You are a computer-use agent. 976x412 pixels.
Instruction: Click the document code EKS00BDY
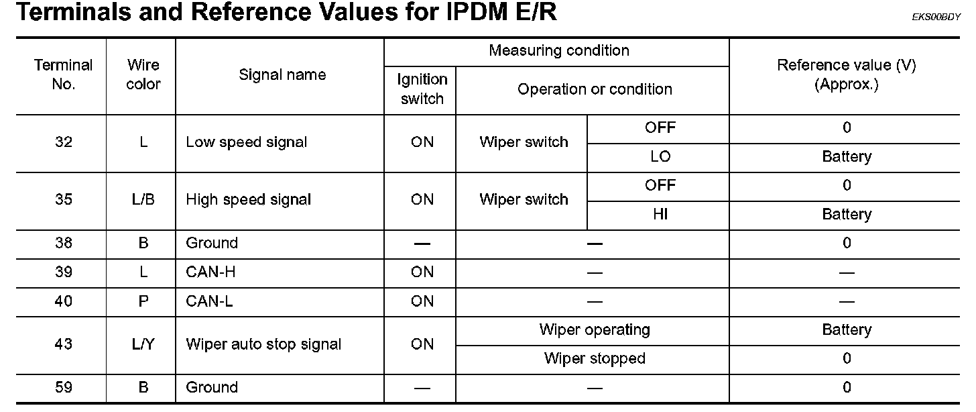(x=936, y=18)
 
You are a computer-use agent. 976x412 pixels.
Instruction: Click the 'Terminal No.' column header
(x=63, y=74)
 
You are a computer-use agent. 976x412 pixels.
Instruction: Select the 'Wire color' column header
(x=143, y=74)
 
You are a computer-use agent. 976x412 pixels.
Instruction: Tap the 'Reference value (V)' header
(x=846, y=74)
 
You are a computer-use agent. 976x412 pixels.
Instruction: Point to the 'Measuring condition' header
(x=558, y=51)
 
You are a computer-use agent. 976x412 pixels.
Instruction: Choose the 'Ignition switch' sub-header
(x=421, y=89)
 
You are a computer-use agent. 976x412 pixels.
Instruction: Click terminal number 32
(x=64, y=142)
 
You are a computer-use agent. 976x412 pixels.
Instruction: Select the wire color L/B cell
(x=143, y=200)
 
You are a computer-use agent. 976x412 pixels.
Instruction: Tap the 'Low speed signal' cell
(x=246, y=142)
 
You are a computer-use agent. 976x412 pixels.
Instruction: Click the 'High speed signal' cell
(x=248, y=200)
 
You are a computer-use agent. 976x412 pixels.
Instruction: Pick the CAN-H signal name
(x=210, y=272)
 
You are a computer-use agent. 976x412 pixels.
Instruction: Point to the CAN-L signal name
(x=209, y=301)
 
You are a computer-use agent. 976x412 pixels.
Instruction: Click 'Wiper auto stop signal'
(x=263, y=345)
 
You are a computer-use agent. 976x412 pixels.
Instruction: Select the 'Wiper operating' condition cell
(x=594, y=330)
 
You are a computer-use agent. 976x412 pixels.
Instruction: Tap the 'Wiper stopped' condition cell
(x=594, y=359)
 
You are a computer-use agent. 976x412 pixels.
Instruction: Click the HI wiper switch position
(x=660, y=215)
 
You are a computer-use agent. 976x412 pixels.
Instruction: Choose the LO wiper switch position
(x=660, y=157)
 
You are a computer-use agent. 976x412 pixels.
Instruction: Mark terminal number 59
(x=64, y=388)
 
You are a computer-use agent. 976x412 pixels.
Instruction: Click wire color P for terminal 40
(x=143, y=301)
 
